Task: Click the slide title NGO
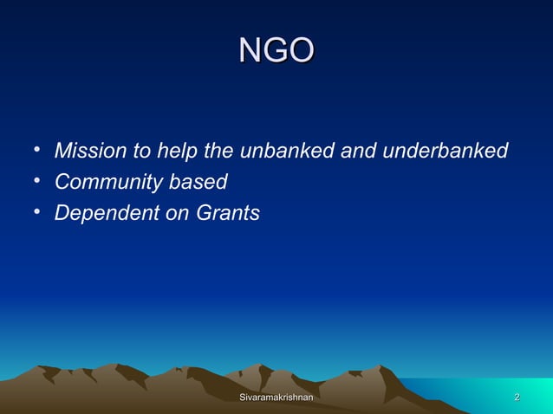(x=276, y=50)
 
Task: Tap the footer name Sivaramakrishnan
(x=276, y=398)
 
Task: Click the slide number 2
(x=517, y=398)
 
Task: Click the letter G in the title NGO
(x=276, y=50)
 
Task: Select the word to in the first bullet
(x=141, y=152)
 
